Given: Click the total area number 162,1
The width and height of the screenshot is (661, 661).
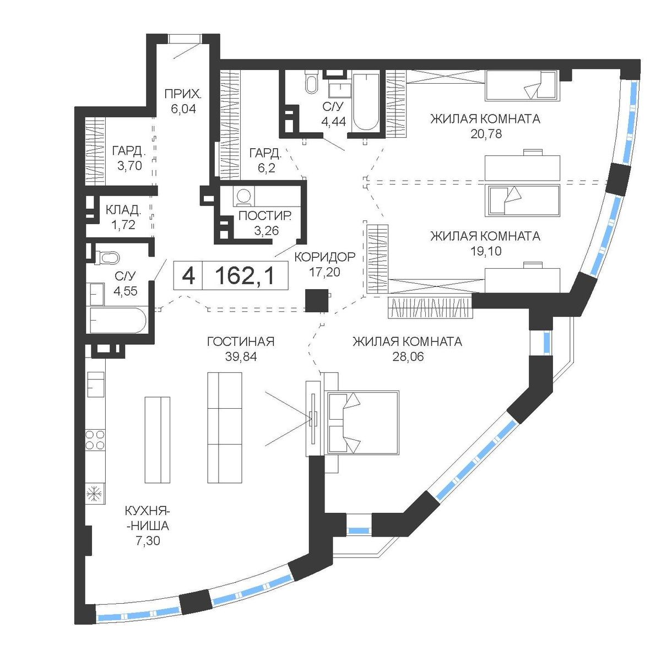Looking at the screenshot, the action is [x=246, y=276].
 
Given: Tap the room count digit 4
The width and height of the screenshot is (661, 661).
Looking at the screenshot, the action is [x=188, y=276].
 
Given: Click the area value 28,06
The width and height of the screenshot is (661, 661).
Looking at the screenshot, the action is [x=408, y=357].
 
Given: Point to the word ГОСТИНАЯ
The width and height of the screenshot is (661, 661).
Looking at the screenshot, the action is [x=241, y=342].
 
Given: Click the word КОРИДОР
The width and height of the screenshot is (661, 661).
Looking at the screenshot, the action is [x=325, y=257].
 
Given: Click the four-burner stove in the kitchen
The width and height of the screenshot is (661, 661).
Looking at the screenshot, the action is [x=95, y=440].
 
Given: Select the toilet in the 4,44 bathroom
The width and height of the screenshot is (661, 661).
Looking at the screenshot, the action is [x=312, y=82].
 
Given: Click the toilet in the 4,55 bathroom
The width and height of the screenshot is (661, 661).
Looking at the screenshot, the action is [x=107, y=257].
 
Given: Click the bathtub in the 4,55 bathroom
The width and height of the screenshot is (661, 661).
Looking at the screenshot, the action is [x=118, y=320].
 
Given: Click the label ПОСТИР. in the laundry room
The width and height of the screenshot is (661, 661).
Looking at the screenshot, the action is [x=265, y=216].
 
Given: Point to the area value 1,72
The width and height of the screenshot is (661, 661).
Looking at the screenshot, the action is [x=123, y=225].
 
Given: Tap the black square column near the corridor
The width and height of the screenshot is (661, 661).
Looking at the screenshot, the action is [x=317, y=301].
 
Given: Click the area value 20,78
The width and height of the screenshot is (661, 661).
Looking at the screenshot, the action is [x=486, y=133].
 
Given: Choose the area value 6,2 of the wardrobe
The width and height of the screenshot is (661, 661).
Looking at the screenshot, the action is [x=267, y=169].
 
